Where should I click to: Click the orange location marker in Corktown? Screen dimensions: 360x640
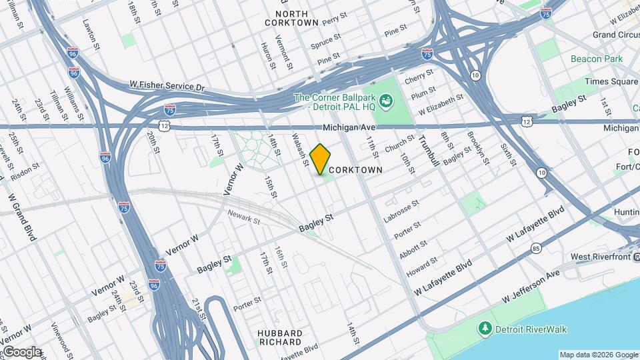(320, 159)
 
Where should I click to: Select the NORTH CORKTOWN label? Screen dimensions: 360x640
(291, 18)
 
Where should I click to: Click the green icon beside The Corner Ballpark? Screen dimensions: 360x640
(386, 102)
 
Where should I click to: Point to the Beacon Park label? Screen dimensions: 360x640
(597, 59)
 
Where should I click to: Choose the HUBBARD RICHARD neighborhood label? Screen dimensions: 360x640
(280, 337)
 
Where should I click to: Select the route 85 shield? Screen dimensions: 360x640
(537, 249)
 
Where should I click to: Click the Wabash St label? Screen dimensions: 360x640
(301, 149)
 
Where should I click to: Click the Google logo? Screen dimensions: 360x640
(22, 352)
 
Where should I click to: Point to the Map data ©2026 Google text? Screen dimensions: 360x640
(599, 355)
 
